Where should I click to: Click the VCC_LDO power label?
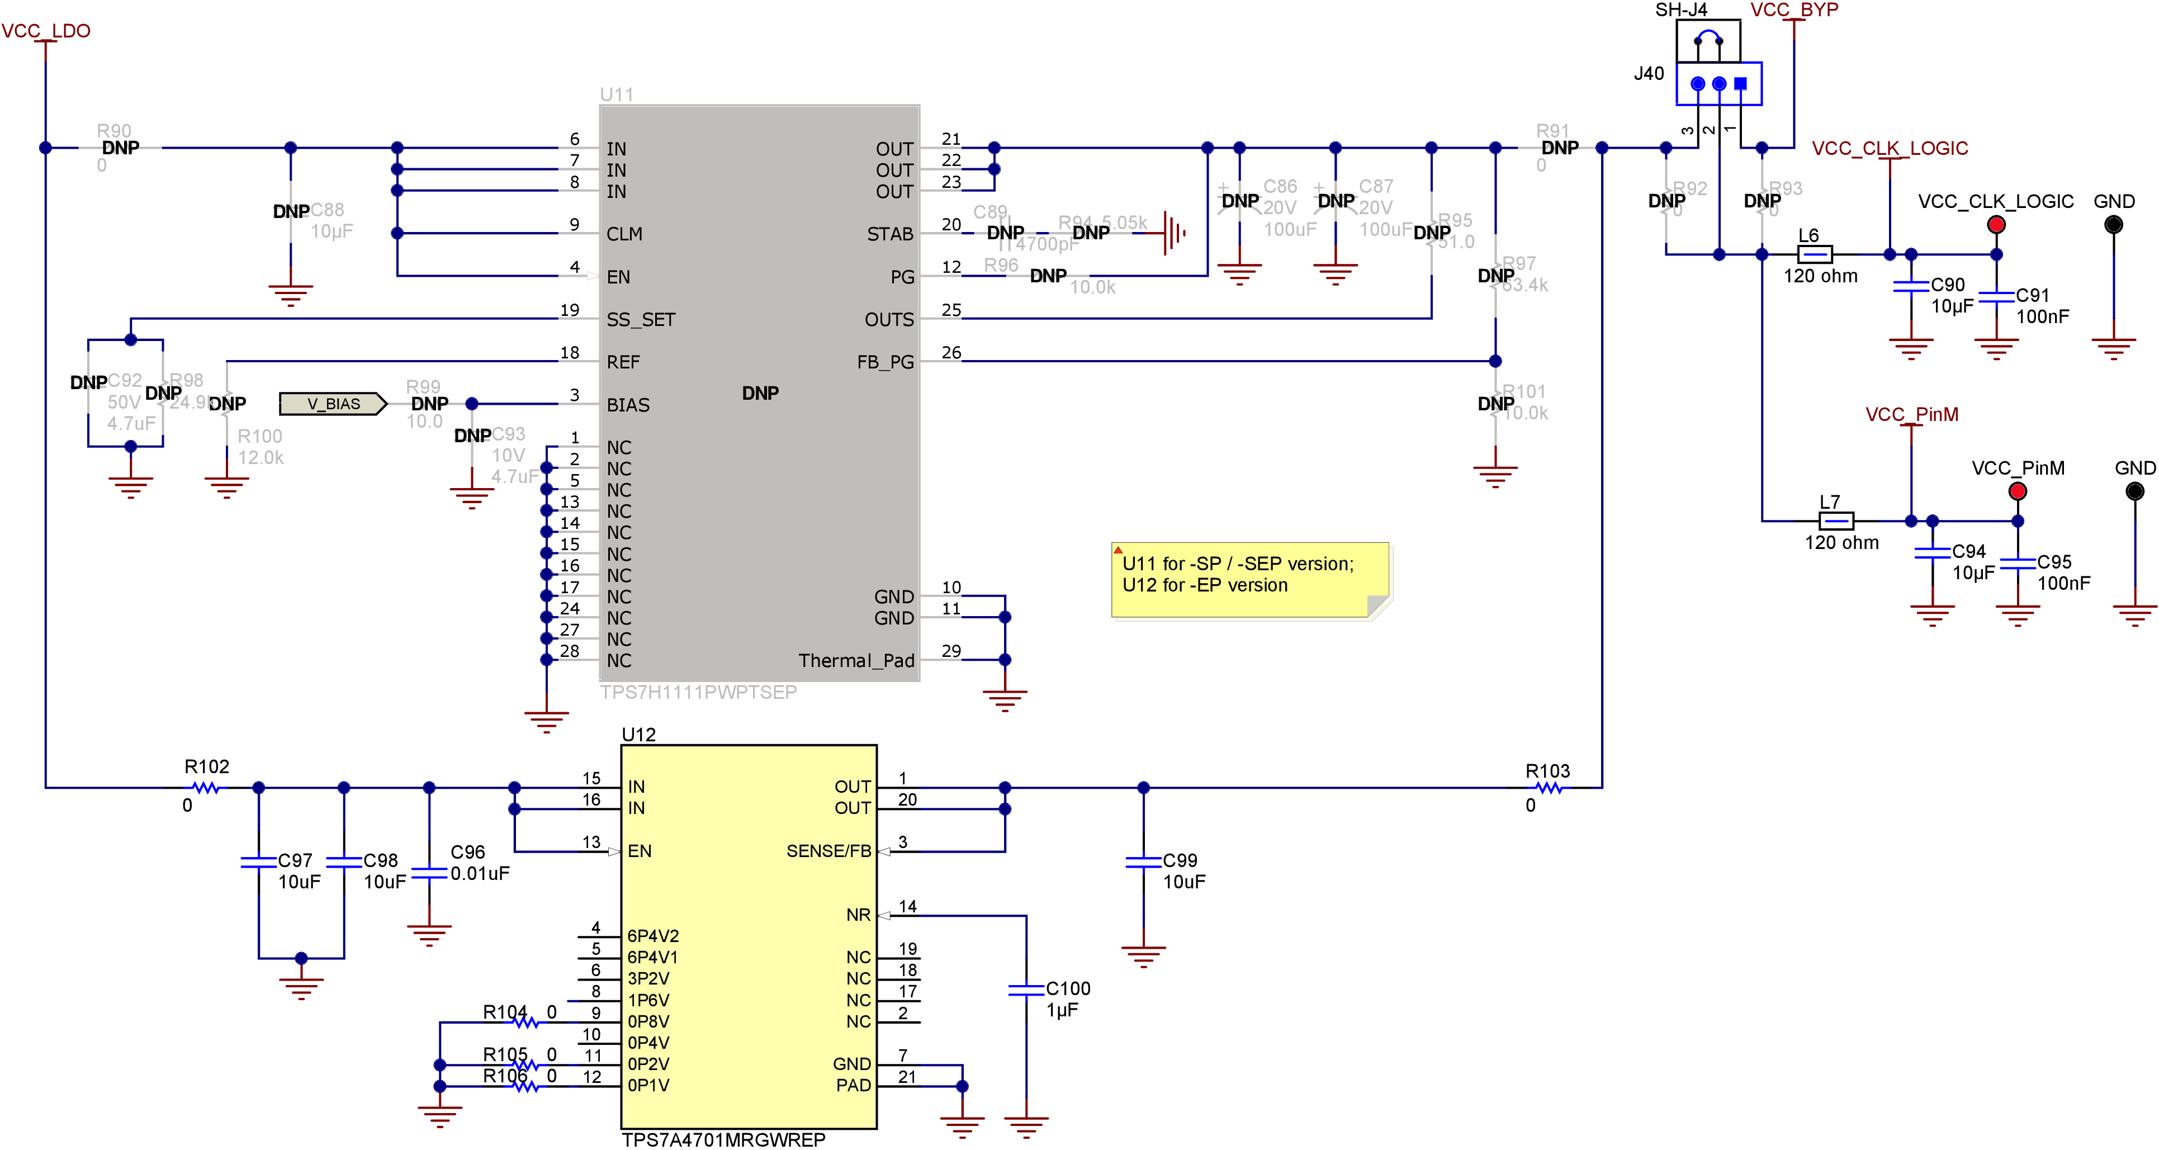coord(45,31)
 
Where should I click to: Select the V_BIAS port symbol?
coord(333,404)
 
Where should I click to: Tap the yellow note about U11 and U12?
coord(1249,579)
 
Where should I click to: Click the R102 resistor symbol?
coord(205,787)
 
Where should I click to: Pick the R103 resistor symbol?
coord(1549,787)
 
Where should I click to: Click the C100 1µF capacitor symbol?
coord(1026,991)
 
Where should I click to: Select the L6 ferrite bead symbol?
coord(1815,254)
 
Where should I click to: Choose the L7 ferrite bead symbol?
coord(1835,520)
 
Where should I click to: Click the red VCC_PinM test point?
coord(2018,491)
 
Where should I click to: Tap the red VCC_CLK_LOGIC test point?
coord(1996,225)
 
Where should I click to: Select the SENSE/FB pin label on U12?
coord(828,851)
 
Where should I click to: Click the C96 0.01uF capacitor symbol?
coord(429,873)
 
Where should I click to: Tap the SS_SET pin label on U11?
coord(640,319)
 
